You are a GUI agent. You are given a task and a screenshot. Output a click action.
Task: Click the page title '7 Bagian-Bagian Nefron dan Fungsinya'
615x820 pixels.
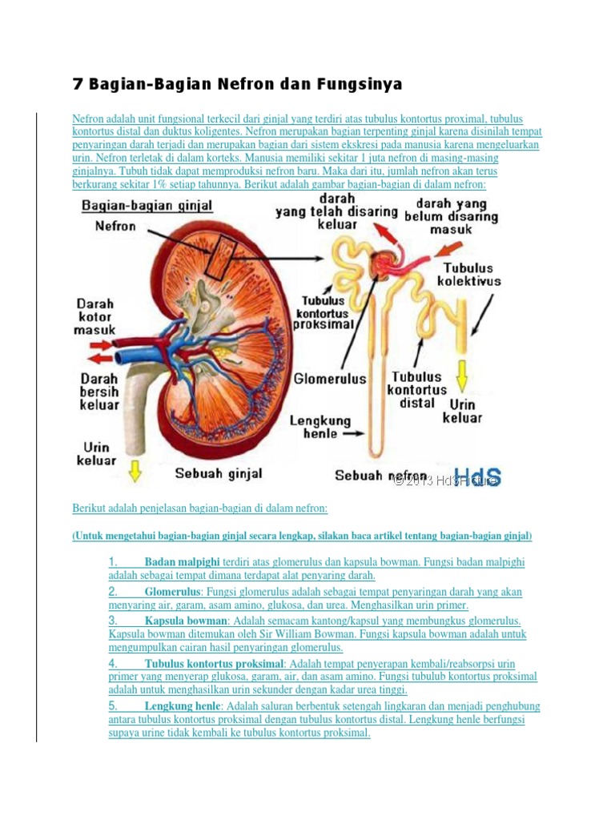click(x=237, y=84)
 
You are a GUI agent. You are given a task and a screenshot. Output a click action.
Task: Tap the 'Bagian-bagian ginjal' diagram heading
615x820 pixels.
click(x=147, y=206)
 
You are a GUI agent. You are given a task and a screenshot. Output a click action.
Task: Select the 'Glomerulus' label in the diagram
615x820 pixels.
click(x=330, y=379)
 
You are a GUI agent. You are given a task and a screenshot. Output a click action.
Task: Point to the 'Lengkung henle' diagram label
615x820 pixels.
click(x=320, y=427)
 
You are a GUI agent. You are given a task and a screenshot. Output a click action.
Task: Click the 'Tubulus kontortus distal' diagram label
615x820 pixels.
click(x=416, y=389)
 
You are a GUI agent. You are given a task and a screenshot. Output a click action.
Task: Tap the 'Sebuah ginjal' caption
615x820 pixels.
click(x=219, y=473)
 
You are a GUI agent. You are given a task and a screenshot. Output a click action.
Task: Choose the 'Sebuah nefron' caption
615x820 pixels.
click(x=380, y=476)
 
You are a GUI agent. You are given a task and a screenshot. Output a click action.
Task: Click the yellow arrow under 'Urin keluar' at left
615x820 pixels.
click(x=135, y=472)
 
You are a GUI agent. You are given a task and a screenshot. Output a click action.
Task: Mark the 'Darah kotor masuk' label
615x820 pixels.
click(x=96, y=317)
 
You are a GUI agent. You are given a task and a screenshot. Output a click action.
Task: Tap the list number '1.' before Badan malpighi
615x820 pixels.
click(x=113, y=562)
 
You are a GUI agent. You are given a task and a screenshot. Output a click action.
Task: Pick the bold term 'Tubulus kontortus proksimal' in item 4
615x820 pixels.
click(x=214, y=664)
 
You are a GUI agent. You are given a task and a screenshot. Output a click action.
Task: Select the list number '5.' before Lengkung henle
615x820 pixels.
click(x=113, y=706)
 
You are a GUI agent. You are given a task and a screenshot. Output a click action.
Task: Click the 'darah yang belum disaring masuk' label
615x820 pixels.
click(x=451, y=217)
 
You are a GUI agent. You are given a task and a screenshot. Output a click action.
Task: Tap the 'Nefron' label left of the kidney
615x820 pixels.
click(x=115, y=226)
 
